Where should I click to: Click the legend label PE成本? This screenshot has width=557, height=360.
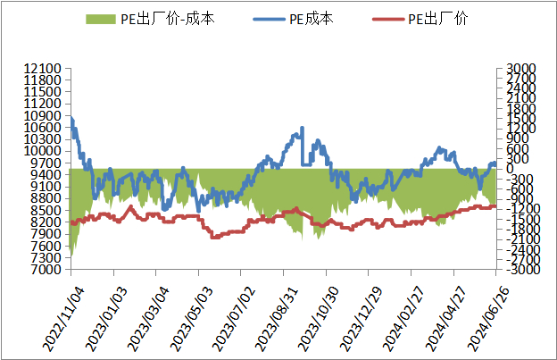click(x=312, y=19)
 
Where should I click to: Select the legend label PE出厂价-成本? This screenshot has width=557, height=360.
click(x=168, y=19)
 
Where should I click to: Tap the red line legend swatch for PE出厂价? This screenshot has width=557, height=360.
click(x=388, y=19)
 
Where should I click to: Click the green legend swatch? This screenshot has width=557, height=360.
click(x=101, y=19)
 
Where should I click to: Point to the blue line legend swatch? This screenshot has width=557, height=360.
click(x=269, y=19)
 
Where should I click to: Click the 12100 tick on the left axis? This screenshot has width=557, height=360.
click(x=42, y=68)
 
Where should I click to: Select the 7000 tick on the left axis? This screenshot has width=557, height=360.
click(x=46, y=270)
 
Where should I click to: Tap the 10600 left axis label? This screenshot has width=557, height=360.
click(x=42, y=127)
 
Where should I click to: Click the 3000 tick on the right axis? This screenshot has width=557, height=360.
click(x=520, y=68)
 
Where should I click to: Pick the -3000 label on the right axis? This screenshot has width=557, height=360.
click(x=522, y=270)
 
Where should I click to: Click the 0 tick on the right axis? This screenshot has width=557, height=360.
click(x=510, y=169)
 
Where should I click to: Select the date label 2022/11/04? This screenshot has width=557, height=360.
click(x=64, y=319)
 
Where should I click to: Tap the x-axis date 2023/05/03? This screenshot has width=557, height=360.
click(x=191, y=319)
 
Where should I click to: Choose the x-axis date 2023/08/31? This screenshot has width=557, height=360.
click(x=277, y=319)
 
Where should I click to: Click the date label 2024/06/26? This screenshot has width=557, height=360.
click(x=488, y=319)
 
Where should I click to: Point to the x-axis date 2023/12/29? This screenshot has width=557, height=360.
click(x=361, y=319)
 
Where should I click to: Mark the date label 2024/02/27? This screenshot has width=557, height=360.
click(x=403, y=319)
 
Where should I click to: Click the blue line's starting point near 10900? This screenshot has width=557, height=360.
click(x=71, y=117)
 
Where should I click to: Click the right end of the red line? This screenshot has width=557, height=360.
click(x=495, y=206)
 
